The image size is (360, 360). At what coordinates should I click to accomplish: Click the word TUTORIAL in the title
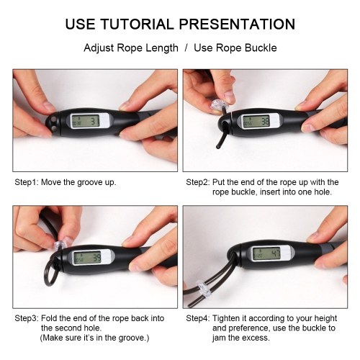pos(137,24)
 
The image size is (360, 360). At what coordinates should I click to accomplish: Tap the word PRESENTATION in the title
pos(237,24)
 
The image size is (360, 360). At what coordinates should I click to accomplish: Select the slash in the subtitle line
pos(186,48)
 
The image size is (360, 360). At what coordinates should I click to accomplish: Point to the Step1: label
pos(27,182)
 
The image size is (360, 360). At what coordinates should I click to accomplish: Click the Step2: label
pos(198,182)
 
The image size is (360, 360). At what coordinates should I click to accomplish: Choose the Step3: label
pos(27,318)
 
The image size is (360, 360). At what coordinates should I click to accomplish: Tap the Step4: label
pos(198,318)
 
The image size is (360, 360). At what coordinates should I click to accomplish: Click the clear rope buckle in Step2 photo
pos(219,106)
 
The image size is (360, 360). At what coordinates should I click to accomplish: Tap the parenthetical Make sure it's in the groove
pos(94,338)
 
